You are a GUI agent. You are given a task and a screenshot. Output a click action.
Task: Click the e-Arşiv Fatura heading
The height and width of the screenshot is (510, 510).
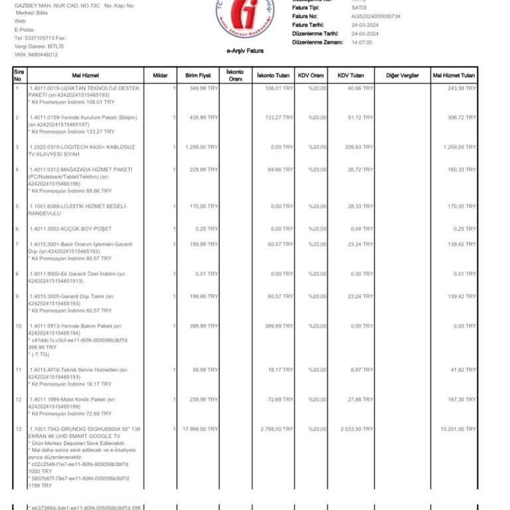coord(245,51)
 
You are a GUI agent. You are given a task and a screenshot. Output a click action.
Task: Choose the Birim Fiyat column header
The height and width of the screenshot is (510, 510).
coord(198,76)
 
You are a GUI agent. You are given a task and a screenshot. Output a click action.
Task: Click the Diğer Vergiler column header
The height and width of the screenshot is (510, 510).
coord(402,76)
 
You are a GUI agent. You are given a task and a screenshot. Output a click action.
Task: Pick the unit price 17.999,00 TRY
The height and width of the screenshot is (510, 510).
coord(200,430)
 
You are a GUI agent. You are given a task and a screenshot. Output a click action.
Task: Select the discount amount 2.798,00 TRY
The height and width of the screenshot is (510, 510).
coord(276,430)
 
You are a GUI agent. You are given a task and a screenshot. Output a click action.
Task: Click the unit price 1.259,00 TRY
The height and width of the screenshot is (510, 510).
coord(202,147)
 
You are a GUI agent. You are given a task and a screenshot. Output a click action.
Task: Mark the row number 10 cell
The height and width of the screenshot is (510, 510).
coord(19,326)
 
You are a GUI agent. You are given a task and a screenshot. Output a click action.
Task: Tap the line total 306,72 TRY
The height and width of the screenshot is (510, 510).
coord(462,117)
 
